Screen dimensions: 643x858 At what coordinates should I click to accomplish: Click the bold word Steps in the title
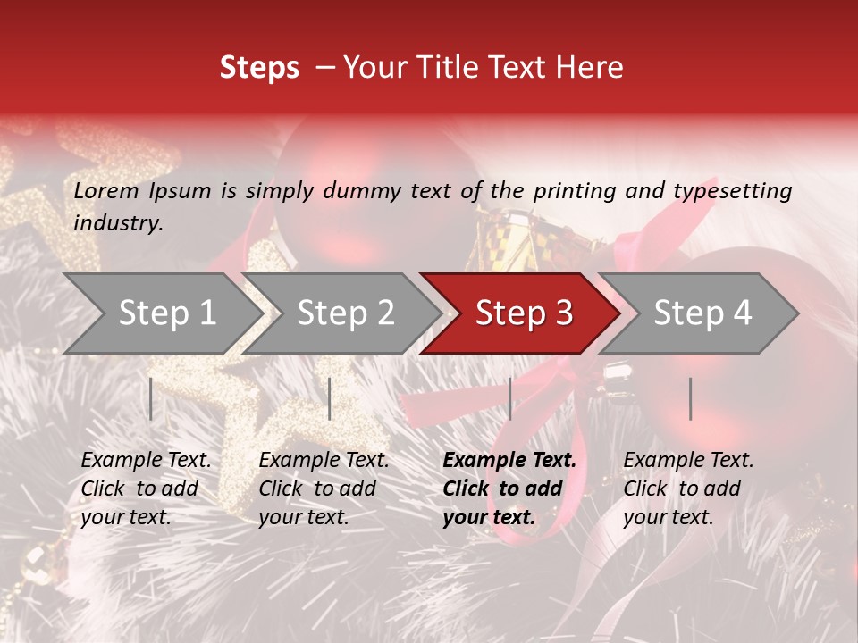click(259, 68)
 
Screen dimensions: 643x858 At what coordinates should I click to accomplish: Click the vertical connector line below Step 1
click(151, 398)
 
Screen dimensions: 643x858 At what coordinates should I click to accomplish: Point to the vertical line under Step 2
click(330, 398)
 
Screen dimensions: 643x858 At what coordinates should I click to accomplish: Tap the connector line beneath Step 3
click(509, 398)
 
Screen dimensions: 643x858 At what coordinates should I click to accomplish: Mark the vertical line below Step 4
click(690, 398)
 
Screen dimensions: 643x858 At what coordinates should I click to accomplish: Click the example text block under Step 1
click(146, 489)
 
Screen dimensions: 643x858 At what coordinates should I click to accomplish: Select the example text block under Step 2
click(324, 489)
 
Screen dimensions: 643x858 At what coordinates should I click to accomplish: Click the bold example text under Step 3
click(509, 489)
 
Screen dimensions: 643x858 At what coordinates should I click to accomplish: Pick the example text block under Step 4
click(688, 489)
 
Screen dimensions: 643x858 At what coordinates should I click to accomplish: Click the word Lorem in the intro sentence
click(106, 191)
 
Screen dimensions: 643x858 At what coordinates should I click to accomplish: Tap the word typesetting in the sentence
click(732, 191)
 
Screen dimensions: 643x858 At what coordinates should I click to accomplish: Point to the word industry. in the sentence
click(119, 223)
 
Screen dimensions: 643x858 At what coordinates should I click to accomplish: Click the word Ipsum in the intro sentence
click(181, 191)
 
